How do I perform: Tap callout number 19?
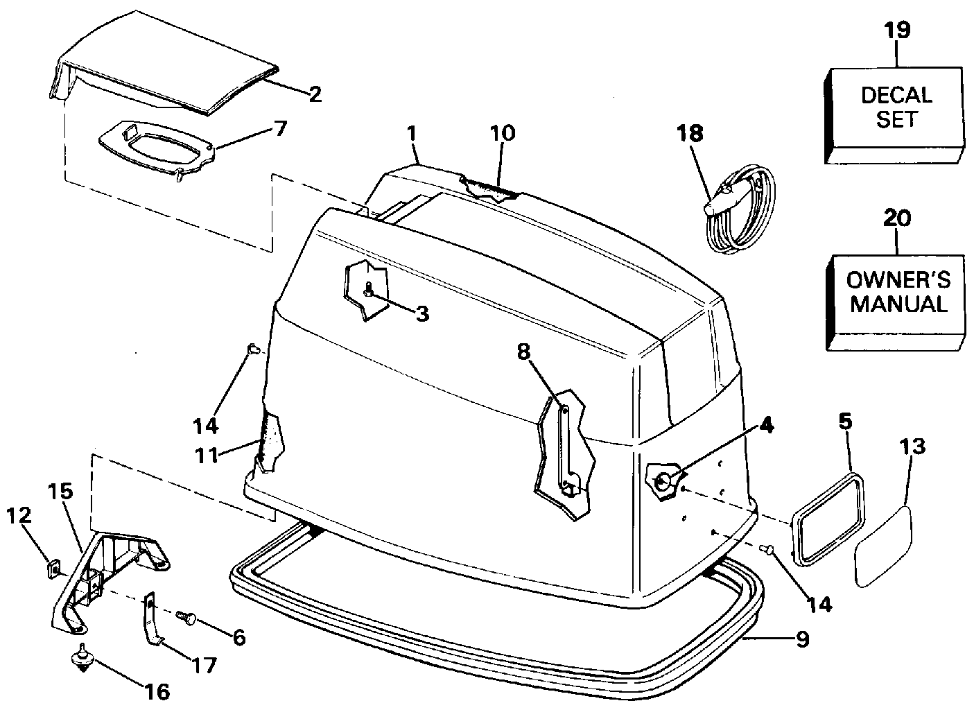(897, 31)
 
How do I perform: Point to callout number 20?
(897, 218)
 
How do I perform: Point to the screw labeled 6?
(186, 615)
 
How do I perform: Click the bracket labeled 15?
(104, 569)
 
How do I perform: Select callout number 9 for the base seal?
(801, 639)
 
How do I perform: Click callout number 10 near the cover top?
(503, 133)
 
